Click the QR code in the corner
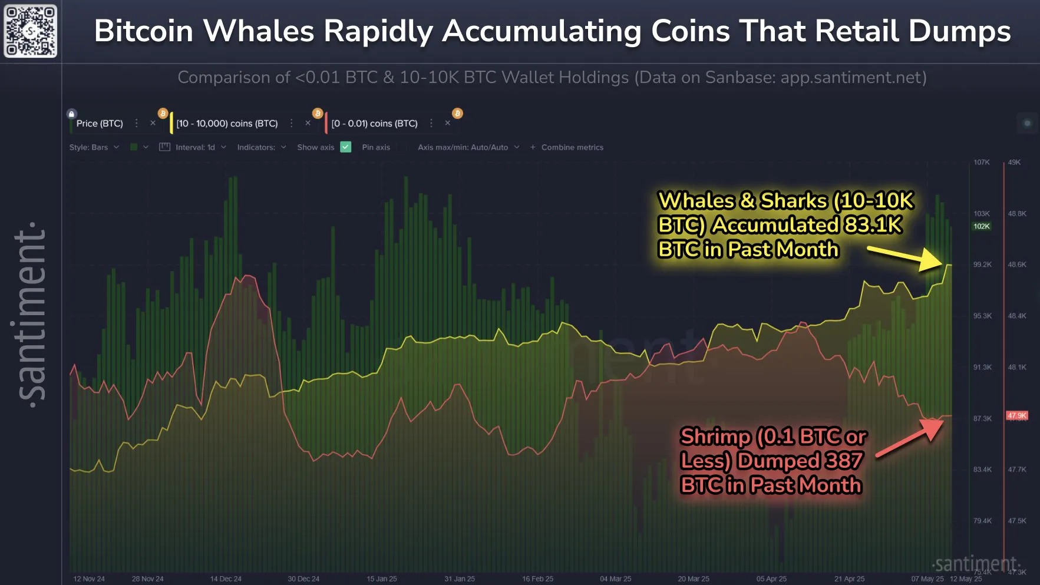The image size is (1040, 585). pyautogui.click(x=31, y=31)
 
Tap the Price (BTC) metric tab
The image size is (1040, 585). pyautogui.click(x=100, y=124)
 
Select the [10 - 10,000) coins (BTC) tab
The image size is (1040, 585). pyautogui.click(x=227, y=124)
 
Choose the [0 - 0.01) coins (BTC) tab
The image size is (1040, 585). pyautogui.click(x=374, y=124)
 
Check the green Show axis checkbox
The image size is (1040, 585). pyautogui.click(x=346, y=147)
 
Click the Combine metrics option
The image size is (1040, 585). pyautogui.click(x=572, y=147)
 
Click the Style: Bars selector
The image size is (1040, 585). pyautogui.click(x=89, y=147)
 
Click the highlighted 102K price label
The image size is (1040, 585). pyautogui.click(x=982, y=226)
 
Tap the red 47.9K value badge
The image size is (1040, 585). pyautogui.click(x=1017, y=415)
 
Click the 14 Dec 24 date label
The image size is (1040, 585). pyautogui.click(x=226, y=579)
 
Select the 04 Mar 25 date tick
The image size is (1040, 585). pyautogui.click(x=615, y=579)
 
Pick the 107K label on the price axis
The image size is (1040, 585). pyautogui.click(x=982, y=162)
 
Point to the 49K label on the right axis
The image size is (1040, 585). pyautogui.click(x=1014, y=162)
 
